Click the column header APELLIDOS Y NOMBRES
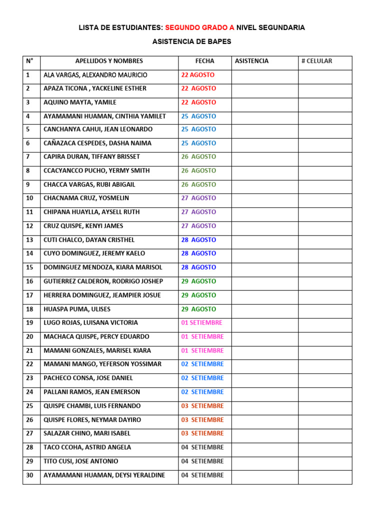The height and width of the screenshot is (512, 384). click(109, 61)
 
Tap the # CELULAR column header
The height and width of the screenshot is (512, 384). click(316, 61)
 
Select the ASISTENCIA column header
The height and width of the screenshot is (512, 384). click(251, 61)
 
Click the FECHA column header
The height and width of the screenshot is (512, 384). click(204, 61)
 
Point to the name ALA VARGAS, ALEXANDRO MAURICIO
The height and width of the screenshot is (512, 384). click(95, 75)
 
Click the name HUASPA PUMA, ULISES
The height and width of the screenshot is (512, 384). click(77, 309)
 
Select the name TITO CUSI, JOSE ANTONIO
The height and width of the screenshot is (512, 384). click(81, 461)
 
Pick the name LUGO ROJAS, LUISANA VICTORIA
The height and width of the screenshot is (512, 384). click(90, 323)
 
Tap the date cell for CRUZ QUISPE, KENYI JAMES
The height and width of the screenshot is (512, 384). click(198, 226)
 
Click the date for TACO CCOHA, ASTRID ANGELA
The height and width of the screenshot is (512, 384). click(202, 447)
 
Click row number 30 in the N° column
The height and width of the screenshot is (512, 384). click(29, 475)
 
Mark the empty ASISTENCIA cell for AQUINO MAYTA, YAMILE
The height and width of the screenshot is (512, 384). click(264, 102)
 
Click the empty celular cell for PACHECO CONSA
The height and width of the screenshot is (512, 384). click(325, 378)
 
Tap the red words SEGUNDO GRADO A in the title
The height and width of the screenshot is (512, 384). click(199, 28)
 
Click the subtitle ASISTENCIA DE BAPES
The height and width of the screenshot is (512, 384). click(192, 42)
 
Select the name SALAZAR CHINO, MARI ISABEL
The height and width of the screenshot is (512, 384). click(87, 433)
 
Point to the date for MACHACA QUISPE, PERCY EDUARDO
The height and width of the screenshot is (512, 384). click(202, 336)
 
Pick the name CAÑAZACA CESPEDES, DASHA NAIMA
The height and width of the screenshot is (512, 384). click(97, 143)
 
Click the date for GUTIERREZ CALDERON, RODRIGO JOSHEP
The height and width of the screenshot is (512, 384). click(198, 281)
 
